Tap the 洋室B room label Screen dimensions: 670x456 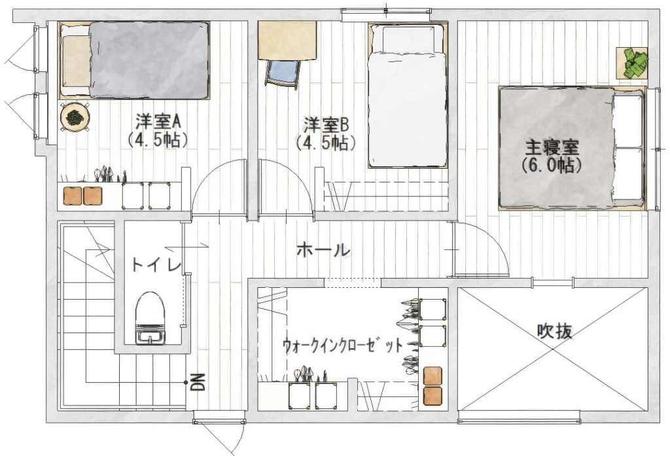[x=326, y=125]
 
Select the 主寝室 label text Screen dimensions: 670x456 [x=552, y=148]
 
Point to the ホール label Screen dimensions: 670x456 [x=323, y=250]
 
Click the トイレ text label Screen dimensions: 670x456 [x=156, y=265]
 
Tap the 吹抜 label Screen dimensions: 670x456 [x=554, y=331]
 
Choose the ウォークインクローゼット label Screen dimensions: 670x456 [x=343, y=345]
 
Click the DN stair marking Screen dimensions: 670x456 [x=198, y=382]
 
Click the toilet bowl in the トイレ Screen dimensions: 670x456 [x=150, y=317]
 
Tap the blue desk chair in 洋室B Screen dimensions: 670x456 [x=282, y=74]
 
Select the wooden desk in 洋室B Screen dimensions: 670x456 [x=287, y=40]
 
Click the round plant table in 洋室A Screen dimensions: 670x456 [x=75, y=116]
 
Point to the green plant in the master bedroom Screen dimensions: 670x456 [x=632, y=63]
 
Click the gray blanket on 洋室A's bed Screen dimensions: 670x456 [x=149, y=60]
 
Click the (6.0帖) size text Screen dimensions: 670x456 [x=552, y=166]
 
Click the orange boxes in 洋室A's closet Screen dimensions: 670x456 [x=83, y=196]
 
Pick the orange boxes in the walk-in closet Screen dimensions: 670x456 [x=432, y=386]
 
